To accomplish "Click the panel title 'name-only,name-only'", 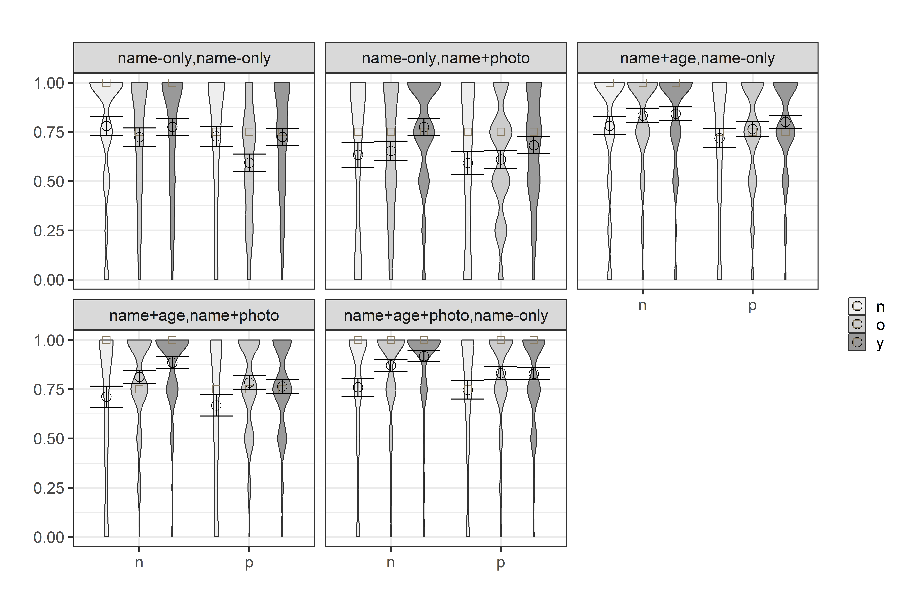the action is (x=194, y=58).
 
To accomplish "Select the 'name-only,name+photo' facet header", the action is (x=446, y=58).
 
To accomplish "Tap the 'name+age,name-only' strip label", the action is (x=697, y=58).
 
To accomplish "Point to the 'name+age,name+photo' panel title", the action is (x=194, y=315).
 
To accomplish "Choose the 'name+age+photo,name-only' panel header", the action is (x=446, y=315).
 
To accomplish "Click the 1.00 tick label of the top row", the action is (x=49, y=83).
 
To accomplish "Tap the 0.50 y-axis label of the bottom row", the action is (x=49, y=439).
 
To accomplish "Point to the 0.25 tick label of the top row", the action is (x=49, y=231).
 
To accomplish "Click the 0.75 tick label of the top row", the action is (x=49, y=132).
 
